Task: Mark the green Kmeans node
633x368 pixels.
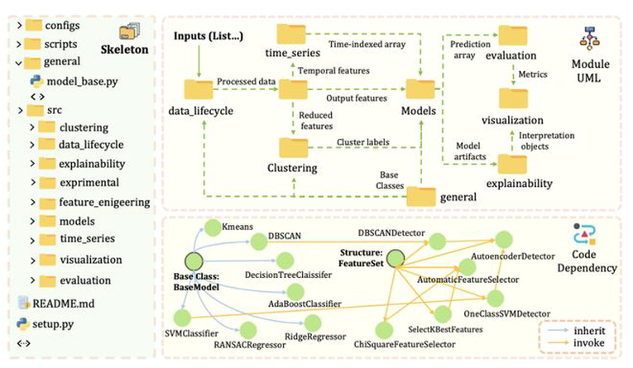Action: (x=210, y=227)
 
